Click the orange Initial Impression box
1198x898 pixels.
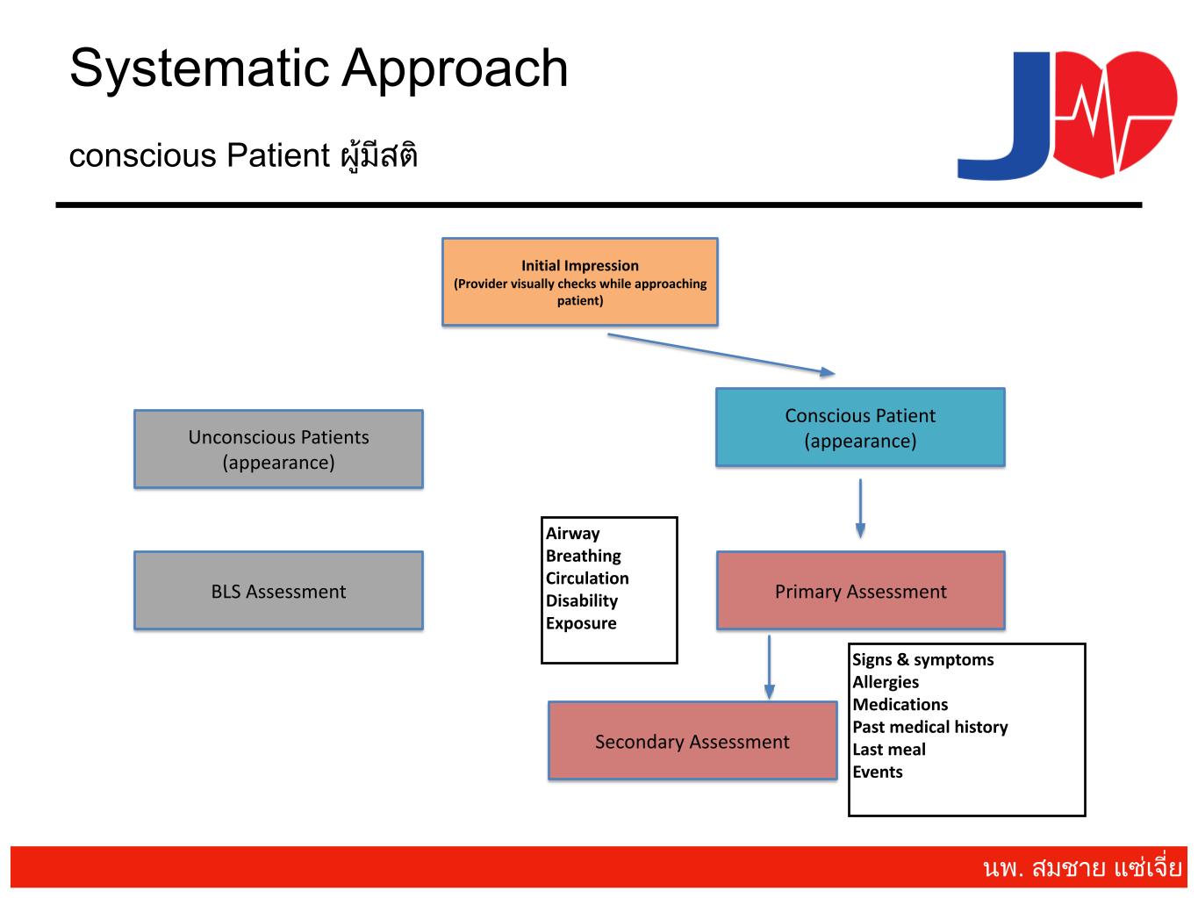tap(579, 282)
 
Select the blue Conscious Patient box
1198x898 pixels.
tap(860, 427)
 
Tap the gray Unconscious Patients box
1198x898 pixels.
tap(278, 449)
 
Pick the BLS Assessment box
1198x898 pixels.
tap(278, 591)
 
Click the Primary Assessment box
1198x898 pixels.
tap(860, 591)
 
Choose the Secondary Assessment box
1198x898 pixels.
tap(692, 741)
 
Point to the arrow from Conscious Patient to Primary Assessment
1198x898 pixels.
tap(860, 507)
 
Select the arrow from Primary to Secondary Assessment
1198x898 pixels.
tap(769, 666)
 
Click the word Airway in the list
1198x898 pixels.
tap(573, 534)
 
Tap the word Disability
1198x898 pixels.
tap(582, 601)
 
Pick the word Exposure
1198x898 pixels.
tap(581, 624)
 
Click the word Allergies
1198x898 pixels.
tap(886, 682)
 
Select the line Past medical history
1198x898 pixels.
tap(930, 727)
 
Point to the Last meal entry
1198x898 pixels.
tap(889, 750)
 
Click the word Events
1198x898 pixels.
tap(878, 772)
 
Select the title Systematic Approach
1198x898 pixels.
tap(319, 68)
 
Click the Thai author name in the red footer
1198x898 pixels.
tap(1082, 868)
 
